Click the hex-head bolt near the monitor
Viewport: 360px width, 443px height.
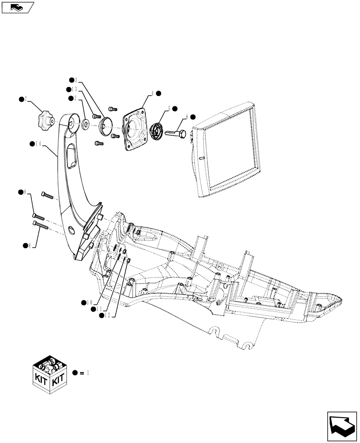[176, 132]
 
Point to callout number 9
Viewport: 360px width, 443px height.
[25, 192]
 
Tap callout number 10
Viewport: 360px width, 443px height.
[90, 302]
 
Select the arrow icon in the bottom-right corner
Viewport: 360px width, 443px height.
[341, 424]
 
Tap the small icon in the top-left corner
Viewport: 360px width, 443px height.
[17, 7]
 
